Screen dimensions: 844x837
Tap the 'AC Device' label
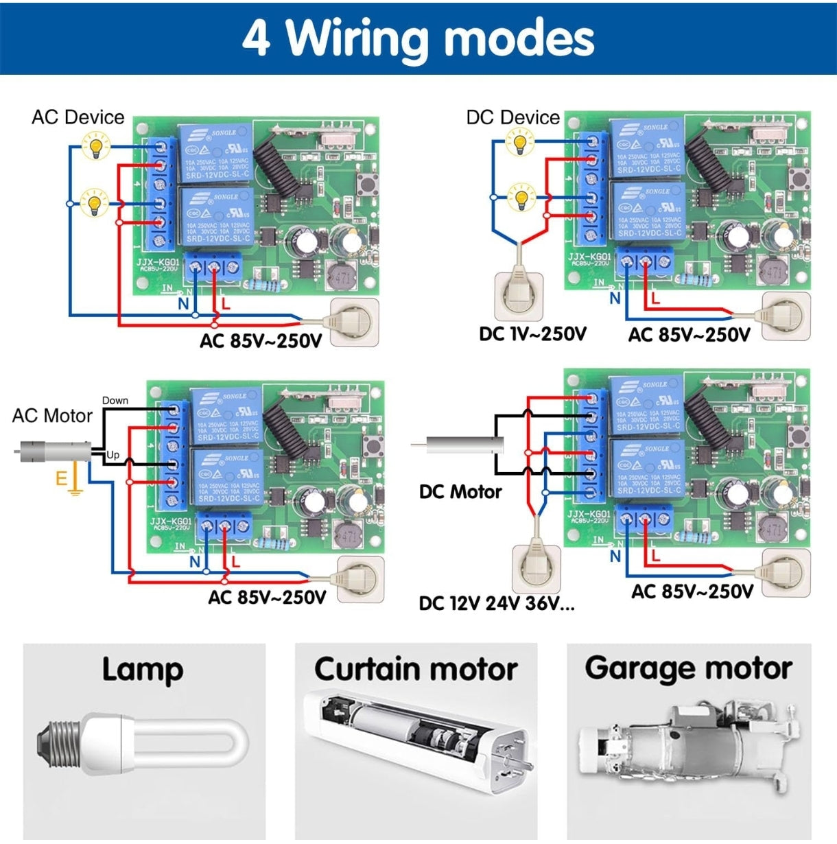(78, 117)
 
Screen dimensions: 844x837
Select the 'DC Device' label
(512, 117)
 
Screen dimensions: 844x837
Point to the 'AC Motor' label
(52, 416)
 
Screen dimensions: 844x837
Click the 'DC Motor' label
(460, 491)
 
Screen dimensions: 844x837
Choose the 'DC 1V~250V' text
(532, 334)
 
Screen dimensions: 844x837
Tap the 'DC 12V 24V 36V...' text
(497, 603)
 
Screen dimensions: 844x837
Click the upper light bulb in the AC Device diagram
(95, 145)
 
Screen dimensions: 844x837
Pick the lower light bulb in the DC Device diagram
(521, 198)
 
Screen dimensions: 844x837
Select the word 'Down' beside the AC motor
(115, 401)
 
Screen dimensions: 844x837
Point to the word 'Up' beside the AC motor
(113, 455)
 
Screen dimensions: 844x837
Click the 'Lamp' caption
(143, 670)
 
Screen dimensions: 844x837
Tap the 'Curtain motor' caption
(416, 670)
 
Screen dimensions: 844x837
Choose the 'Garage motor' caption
(688, 668)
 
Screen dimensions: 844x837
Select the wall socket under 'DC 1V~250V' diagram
(519, 296)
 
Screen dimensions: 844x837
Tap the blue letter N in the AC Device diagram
(183, 303)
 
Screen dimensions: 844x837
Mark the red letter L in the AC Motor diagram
(235, 561)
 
